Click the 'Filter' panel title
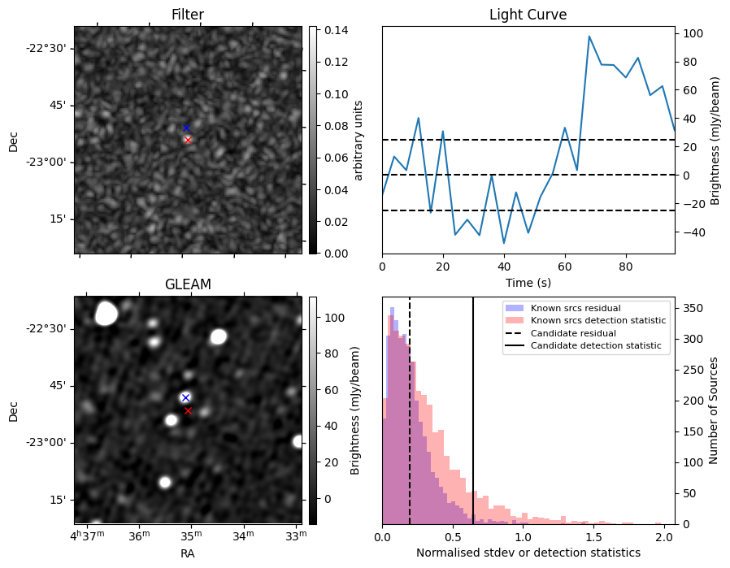click(x=187, y=15)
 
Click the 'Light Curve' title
click(x=528, y=15)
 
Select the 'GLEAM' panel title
click(x=187, y=284)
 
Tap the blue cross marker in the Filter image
click(x=186, y=128)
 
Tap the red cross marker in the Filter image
click(x=188, y=140)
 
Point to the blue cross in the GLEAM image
click(x=185, y=397)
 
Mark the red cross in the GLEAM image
click(x=188, y=410)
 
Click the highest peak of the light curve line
click(x=589, y=37)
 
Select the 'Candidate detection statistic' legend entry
click(x=595, y=346)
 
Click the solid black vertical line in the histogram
click(x=473, y=423)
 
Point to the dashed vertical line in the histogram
click(x=410, y=423)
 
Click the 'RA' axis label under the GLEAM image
click(x=187, y=553)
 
